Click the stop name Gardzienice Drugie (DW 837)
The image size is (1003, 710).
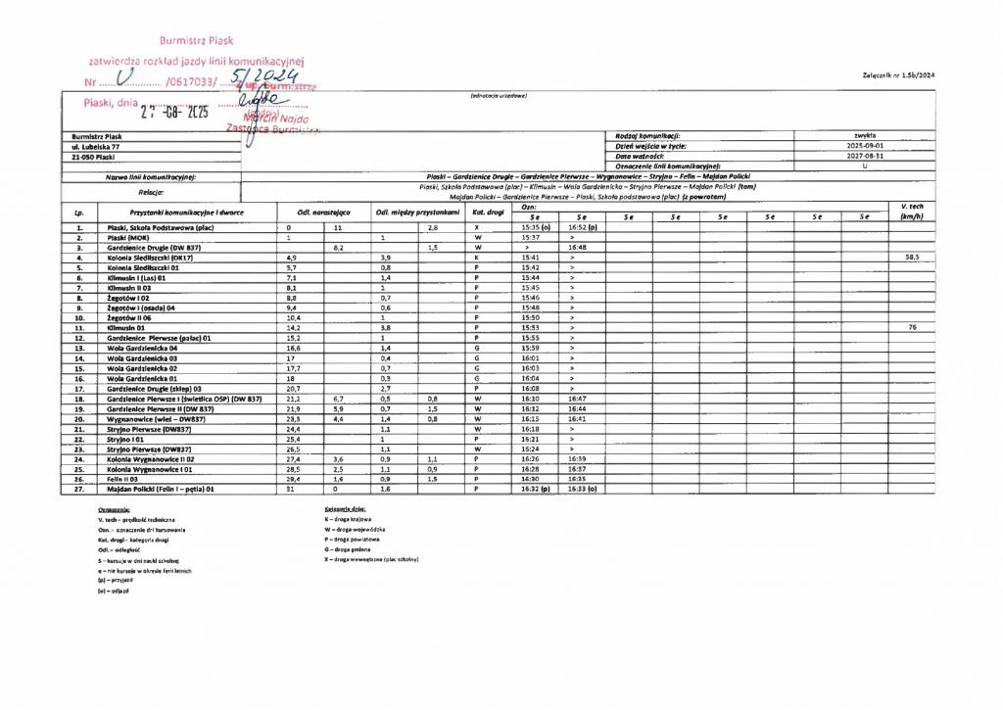click(x=153, y=248)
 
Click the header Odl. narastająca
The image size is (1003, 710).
click(x=319, y=212)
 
